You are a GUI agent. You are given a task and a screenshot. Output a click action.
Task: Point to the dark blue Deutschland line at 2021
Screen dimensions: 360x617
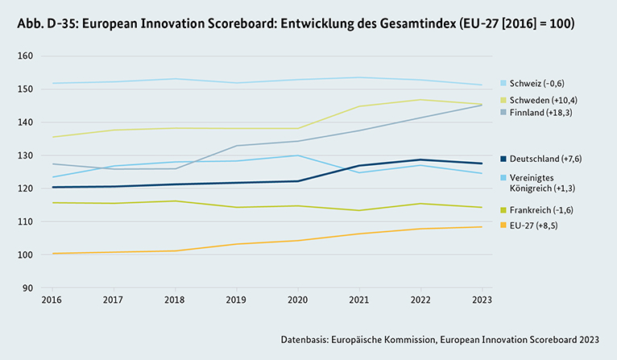click(359, 165)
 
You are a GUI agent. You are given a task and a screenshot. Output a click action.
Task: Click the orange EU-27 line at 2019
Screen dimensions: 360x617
click(236, 244)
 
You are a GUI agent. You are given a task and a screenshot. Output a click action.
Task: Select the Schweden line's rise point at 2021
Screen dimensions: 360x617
click(359, 106)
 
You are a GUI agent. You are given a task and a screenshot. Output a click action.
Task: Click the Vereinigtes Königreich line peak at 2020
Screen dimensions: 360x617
click(297, 155)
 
